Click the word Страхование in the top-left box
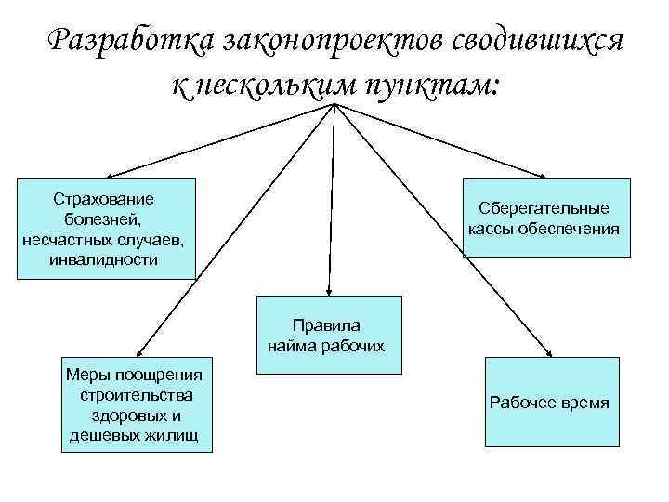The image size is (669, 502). pyautogui.click(x=104, y=200)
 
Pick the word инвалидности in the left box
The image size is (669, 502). pyautogui.click(x=104, y=259)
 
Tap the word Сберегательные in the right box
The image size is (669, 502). pyautogui.click(x=544, y=208)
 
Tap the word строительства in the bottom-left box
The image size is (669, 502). pyautogui.click(x=137, y=395)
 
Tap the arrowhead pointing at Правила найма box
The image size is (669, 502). pyautogui.click(x=327, y=291)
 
